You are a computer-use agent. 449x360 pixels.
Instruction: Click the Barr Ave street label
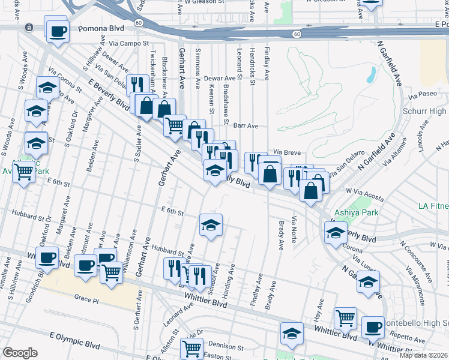246,126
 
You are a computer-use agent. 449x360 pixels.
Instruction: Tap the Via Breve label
287,152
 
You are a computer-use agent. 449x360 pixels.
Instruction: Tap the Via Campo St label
129,44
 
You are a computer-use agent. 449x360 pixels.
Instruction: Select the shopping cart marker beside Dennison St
191,347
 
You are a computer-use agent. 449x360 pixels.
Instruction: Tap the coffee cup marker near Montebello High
372,327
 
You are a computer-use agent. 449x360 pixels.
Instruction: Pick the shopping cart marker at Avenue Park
24,172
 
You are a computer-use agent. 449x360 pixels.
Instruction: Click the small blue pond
370,74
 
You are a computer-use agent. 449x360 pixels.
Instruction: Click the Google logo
20,353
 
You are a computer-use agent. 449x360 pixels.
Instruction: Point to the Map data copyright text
424,355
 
